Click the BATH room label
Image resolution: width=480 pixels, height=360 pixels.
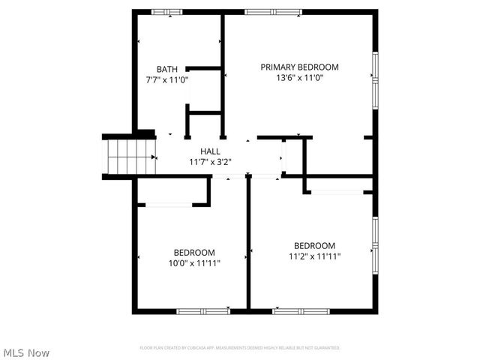pyautogui.click(x=167, y=69)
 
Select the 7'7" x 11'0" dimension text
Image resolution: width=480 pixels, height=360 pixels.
pyautogui.click(x=167, y=79)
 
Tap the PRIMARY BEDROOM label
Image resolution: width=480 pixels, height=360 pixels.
pyautogui.click(x=299, y=67)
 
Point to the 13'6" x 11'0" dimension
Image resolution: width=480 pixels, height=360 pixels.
pyautogui.click(x=299, y=77)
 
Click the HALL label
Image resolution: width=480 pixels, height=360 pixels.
pyautogui.click(x=210, y=151)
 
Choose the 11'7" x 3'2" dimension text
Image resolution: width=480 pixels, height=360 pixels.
pyautogui.click(x=210, y=161)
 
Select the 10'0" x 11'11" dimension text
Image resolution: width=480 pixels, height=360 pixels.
pyautogui.click(x=194, y=262)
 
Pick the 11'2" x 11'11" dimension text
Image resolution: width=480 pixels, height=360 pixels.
pyautogui.click(x=314, y=256)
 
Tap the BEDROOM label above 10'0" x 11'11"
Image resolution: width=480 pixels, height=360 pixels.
pyautogui.click(x=194, y=252)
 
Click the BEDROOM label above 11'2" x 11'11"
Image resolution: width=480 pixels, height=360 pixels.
pyautogui.click(x=314, y=245)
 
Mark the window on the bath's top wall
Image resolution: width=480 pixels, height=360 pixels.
pyautogui.click(x=166, y=11)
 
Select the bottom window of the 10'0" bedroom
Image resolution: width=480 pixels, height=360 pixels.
pyautogui.click(x=202, y=310)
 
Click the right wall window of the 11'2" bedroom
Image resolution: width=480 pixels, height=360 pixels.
pyautogui.click(x=375, y=244)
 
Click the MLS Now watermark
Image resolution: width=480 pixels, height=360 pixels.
pyautogui.click(x=26, y=352)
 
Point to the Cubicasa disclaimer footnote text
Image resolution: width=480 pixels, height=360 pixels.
pyautogui.click(x=240, y=348)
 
